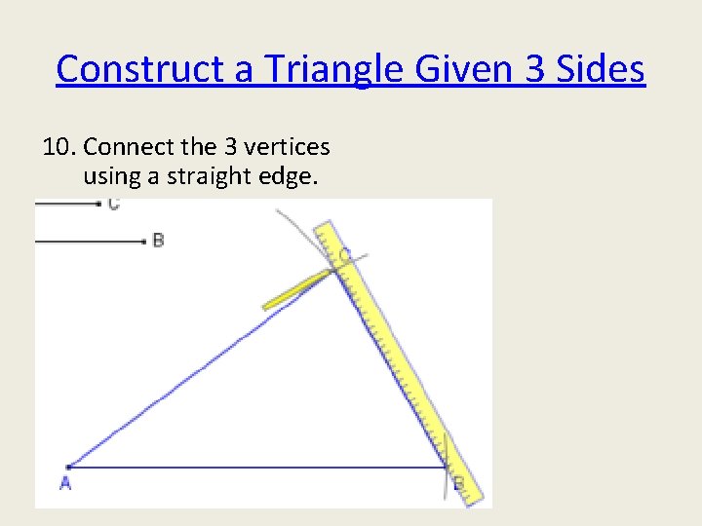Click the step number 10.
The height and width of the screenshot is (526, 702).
pyautogui.click(x=59, y=147)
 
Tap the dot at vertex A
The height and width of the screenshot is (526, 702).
pyautogui.click(x=68, y=468)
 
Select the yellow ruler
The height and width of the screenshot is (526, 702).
pyautogui.click(x=400, y=360)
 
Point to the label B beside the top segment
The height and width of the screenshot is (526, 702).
pyautogui.click(x=158, y=241)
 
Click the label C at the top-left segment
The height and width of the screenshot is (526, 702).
pyautogui.click(x=114, y=205)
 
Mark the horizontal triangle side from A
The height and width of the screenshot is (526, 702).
pyautogui.click(x=253, y=469)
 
